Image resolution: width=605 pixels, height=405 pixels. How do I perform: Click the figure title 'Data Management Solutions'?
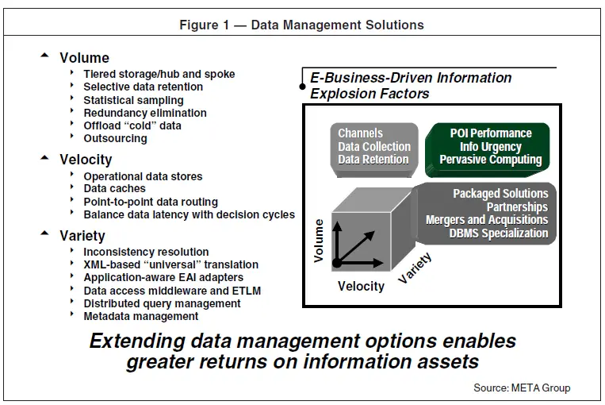tap(337, 25)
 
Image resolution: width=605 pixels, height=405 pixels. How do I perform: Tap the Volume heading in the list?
tap(85, 58)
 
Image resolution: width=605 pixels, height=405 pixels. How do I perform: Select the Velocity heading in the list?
tap(86, 160)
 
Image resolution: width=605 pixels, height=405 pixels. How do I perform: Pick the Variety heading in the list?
tap(82, 236)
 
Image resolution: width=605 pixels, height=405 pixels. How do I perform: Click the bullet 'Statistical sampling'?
tap(133, 100)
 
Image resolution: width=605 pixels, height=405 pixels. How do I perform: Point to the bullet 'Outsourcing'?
tap(115, 138)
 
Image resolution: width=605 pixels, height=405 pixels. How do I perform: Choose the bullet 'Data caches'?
tap(115, 188)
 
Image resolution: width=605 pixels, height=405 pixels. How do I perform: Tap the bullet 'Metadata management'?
tap(141, 316)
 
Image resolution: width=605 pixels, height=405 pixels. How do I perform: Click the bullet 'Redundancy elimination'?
tap(145, 113)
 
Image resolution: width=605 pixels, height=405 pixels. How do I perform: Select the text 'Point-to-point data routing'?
tap(151, 202)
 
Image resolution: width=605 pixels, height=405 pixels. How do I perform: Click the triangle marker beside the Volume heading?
tap(44, 56)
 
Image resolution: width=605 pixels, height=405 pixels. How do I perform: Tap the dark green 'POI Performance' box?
tap(487, 150)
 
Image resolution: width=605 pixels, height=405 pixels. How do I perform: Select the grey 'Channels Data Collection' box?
tap(374, 150)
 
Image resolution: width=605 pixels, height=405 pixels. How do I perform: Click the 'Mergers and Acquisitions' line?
tap(487, 220)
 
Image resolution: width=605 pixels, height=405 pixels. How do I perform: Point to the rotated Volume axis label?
tap(318, 241)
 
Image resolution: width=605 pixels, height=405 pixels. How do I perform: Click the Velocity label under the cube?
tap(361, 287)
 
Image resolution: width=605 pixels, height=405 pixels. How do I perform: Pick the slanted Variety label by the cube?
tap(415, 268)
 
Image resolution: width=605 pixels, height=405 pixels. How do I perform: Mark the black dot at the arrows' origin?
tap(337, 263)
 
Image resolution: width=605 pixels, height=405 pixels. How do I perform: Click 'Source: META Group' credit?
tap(522, 388)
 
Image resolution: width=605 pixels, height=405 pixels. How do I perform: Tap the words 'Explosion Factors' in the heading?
tap(370, 94)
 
